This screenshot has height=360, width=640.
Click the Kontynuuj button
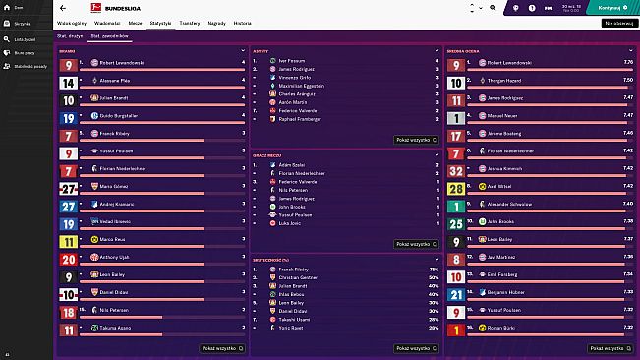(x=611, y=7)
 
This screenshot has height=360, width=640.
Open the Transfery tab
(x=189, y=21)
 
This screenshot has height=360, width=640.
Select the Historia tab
(x=242, y=21)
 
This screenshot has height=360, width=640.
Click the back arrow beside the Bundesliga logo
(x=63, y=7)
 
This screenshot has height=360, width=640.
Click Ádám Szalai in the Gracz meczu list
(x=292, y=164)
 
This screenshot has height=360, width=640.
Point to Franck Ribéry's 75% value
(x=434, y=269)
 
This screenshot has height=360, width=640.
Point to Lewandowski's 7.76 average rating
(x=626, y=62)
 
